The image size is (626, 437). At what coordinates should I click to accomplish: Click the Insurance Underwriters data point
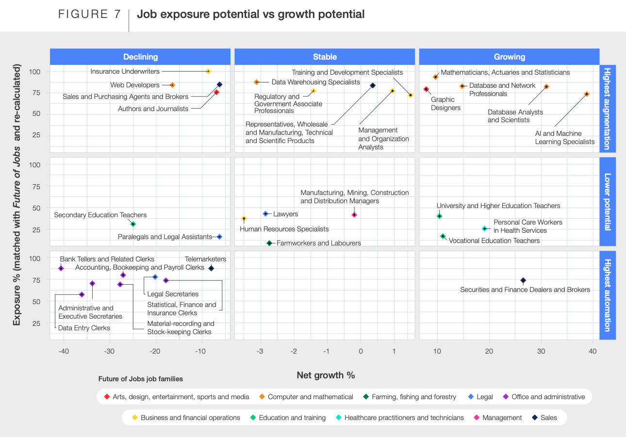coord(208,71)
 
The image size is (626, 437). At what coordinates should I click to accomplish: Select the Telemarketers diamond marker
coord(211,268)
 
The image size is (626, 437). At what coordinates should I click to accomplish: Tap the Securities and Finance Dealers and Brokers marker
coord(523,280)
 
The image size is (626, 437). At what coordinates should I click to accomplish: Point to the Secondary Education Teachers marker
coord(133,224)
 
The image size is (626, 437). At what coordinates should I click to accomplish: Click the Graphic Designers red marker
coord(426,89)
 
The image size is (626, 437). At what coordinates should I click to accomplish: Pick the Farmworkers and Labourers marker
coord(269,243)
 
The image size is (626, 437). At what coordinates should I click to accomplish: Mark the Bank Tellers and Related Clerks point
coord(61,268)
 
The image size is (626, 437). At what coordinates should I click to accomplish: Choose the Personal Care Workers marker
coord(484,228)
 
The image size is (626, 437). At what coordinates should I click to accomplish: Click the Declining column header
coord(140,57)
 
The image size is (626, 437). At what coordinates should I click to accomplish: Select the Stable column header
coord(325,57)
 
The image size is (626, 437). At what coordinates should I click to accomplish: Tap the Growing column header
coord(509,57)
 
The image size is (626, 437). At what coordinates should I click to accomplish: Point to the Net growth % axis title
coord(326,375)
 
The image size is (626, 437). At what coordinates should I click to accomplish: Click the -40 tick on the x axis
coord(64,351)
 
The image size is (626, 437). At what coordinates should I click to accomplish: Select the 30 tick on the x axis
coord(541,351)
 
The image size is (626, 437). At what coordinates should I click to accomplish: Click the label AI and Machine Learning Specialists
coord(564,138)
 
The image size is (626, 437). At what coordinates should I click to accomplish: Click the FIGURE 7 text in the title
coord(89,14)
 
